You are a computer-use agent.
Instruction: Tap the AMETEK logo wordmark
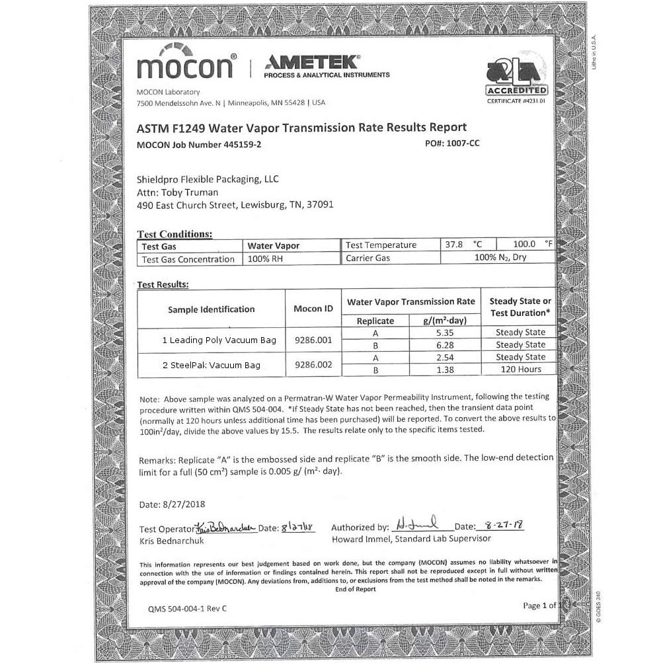311,62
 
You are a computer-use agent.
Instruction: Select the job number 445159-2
243,144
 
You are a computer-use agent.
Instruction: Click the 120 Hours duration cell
520,370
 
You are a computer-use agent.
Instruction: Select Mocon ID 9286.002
313,364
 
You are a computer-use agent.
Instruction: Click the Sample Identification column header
211,309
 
